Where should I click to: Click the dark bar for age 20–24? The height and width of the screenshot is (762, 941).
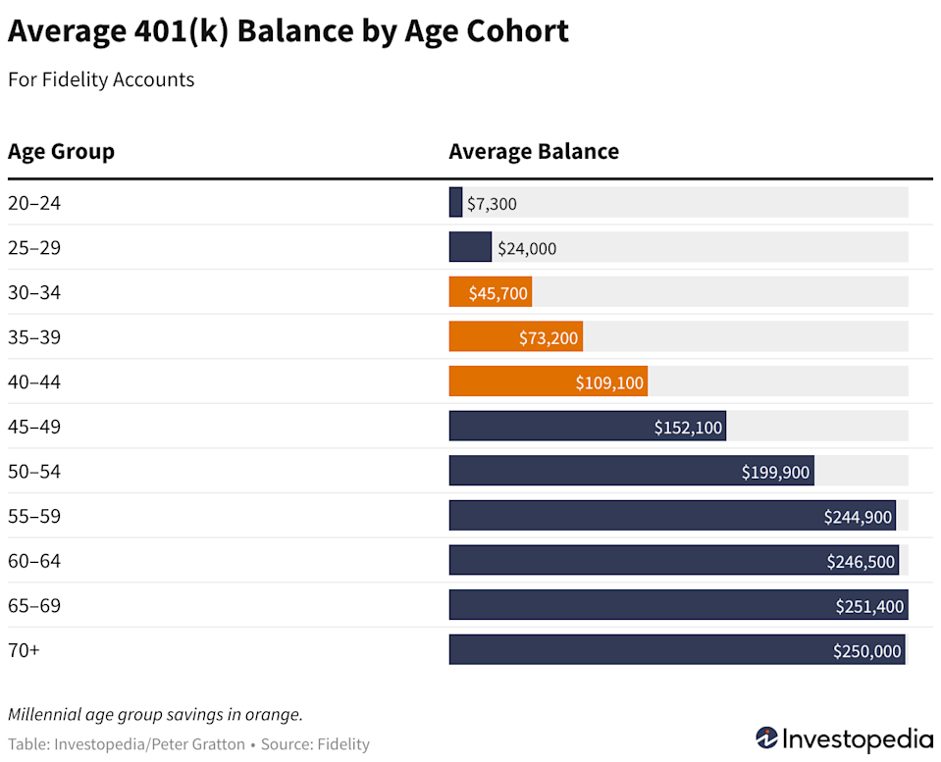(x=455, y=203)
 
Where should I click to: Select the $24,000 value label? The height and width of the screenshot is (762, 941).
(x=527, y=248)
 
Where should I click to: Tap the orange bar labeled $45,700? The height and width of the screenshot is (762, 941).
(x=490, y=292)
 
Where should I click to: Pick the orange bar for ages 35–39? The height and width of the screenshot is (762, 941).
(x=515, y=337)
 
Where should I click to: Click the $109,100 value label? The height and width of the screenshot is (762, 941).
(x=609, y=382)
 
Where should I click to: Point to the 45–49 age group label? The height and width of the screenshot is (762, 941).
(x=34, y=427)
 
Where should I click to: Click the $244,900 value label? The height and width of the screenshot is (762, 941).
(x=858, y=517)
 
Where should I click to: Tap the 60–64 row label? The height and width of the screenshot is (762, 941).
(x=34, y=561)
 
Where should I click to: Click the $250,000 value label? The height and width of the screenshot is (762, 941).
(x=866, y=651)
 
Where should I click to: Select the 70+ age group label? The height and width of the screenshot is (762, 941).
(x=24, y=650)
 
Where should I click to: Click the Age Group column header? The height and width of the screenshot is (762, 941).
(x=61, y=152)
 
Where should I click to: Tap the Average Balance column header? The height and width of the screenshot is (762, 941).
(x=534, y=152)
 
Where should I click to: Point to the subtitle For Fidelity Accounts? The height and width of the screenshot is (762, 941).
(x=101, y=80)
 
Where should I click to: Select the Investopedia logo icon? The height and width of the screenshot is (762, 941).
(x=766, y=737)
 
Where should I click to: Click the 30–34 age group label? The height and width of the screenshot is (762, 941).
(x=34, y=292)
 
